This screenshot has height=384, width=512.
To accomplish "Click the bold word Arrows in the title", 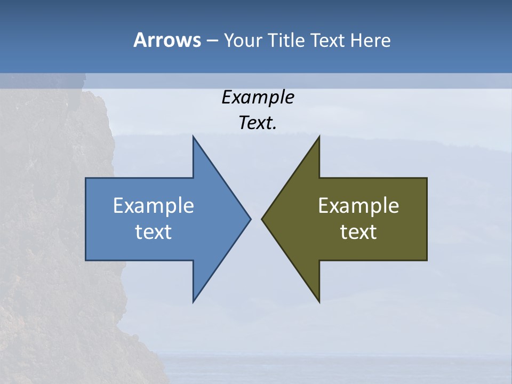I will pyautogui.click(x=167, y=40).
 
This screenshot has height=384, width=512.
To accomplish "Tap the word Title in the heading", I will pyautogui.click(x=285, y=40).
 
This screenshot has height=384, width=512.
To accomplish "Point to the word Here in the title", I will pyautogui.click(x=371, y=40).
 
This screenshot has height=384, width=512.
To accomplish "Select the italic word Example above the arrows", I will pyautogui.click(x=258, y=97).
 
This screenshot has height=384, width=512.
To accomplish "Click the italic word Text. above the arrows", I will pyautogui.click(x=258, y=123).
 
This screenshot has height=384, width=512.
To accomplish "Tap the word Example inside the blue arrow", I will pyautogui.click(x=154, y=205).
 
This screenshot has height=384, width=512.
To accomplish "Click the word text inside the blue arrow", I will pyautogui.click(x=154, y=231).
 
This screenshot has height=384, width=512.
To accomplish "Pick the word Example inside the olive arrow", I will pyautogui.click(x=358, y=205).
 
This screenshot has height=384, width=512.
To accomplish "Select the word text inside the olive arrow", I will pyautogui.click(x=358, y=231).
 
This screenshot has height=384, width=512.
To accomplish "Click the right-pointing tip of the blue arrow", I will pyautogui.click(x=250, y=218).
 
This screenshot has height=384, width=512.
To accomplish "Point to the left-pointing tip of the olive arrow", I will pyautogui.click(x=262, y=218).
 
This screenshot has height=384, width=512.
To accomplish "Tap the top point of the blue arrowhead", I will pyautogui.click(x=194, y=137).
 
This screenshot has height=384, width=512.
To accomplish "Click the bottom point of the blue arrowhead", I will pyautogui.click(x=194, y=302).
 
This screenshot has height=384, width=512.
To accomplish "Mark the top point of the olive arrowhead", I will pyautogui.click(x=319, y=137).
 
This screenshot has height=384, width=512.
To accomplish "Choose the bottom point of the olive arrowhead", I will pyautogui.click(x=319, y=302).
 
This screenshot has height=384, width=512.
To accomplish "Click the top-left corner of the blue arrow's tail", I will pyautogui.click(x=86, y=178).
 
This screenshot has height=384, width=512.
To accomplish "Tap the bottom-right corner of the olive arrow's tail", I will pyautogui.click(x=427, y=260).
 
